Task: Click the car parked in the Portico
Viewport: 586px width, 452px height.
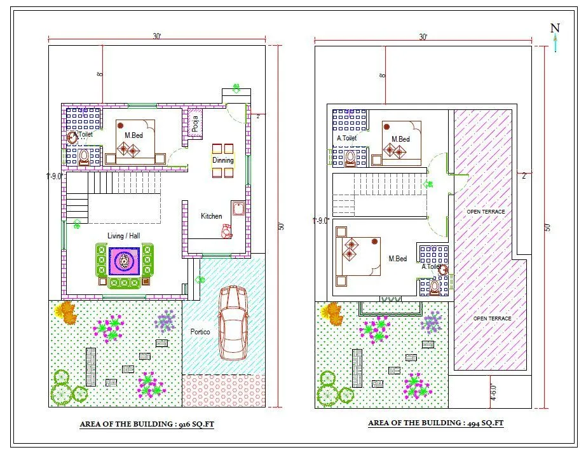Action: pos(233,323)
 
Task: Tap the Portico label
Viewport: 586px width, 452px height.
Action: pos(200,332)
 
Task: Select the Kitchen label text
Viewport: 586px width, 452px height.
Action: pos(212,216)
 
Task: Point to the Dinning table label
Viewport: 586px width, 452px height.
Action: pos(223,160)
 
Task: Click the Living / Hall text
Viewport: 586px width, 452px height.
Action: pos(123,236)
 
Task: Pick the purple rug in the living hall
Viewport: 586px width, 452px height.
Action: pos(124,261)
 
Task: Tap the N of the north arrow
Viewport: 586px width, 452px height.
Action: pos(555,28)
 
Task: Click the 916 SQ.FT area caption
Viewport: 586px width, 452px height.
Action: pos(147,423)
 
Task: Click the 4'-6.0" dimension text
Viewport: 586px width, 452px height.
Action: pos(493,393)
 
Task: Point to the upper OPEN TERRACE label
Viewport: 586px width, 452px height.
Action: pos(486,212)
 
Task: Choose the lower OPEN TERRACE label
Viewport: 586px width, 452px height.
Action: pos(492,318)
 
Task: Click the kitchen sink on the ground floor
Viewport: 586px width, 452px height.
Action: pos(238,209)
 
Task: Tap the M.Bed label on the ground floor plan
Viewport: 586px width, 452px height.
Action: pos(134,135)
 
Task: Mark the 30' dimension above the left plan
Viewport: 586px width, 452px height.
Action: pos(156,36)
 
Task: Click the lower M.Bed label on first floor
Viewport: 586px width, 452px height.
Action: pos(398,259)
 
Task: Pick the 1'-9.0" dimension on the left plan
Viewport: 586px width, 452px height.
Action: pos(55,177)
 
